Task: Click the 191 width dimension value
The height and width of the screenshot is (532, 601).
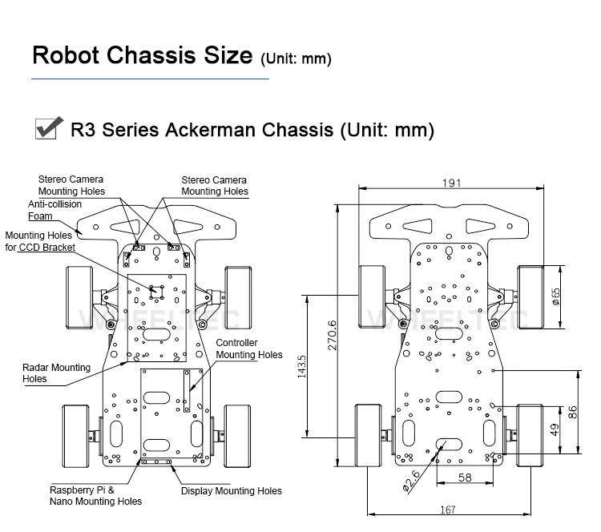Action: coord(451,183)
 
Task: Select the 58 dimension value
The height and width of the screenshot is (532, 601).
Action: coord(464,478)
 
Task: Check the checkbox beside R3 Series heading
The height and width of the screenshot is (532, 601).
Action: coord(50,128)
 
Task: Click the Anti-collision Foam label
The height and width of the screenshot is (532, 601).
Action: coord(54,210)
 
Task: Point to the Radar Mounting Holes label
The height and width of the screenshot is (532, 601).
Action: coord(56,373)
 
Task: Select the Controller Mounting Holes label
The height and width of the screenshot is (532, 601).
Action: coord(249,349)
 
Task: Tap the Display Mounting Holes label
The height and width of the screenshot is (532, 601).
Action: coord(231,491)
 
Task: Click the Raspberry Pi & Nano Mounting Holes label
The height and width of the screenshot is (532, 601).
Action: coord(95,495)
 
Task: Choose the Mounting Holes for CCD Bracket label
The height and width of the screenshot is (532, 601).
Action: coord(40,241)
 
